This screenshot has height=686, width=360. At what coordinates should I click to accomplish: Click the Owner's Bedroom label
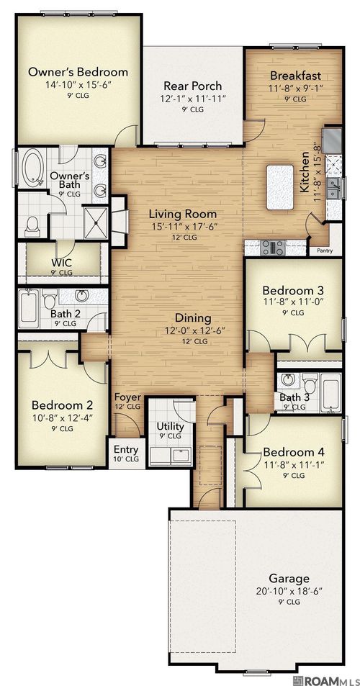tap(78, 72)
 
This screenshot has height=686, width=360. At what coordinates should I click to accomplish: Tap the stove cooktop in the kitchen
tap(272, 248)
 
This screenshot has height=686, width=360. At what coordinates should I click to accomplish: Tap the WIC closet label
tap(60, 262)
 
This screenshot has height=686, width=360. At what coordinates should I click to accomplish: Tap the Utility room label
tap(171, 426)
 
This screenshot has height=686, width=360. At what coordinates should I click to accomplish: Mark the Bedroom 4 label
tap(294, 451)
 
